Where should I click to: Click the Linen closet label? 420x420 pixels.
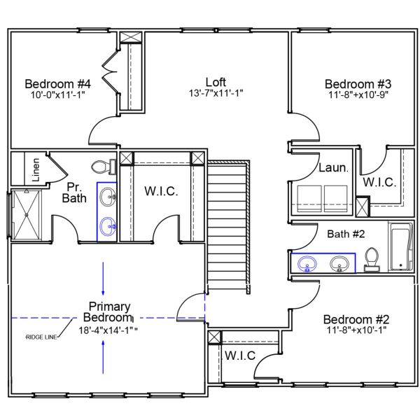[x=34, y=169]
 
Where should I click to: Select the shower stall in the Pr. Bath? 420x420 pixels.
[x=26, y=215]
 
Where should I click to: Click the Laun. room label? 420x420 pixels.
[x=330, y=168]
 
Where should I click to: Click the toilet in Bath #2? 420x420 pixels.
[x=372, y=258]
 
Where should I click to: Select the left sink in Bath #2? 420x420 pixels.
[x=307, y=264]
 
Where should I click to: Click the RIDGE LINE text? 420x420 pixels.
[x=43, y=337]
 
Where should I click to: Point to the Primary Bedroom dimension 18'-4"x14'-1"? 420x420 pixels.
[x=109, y=330]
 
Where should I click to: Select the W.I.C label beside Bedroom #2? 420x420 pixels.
[x=239, y=356]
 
